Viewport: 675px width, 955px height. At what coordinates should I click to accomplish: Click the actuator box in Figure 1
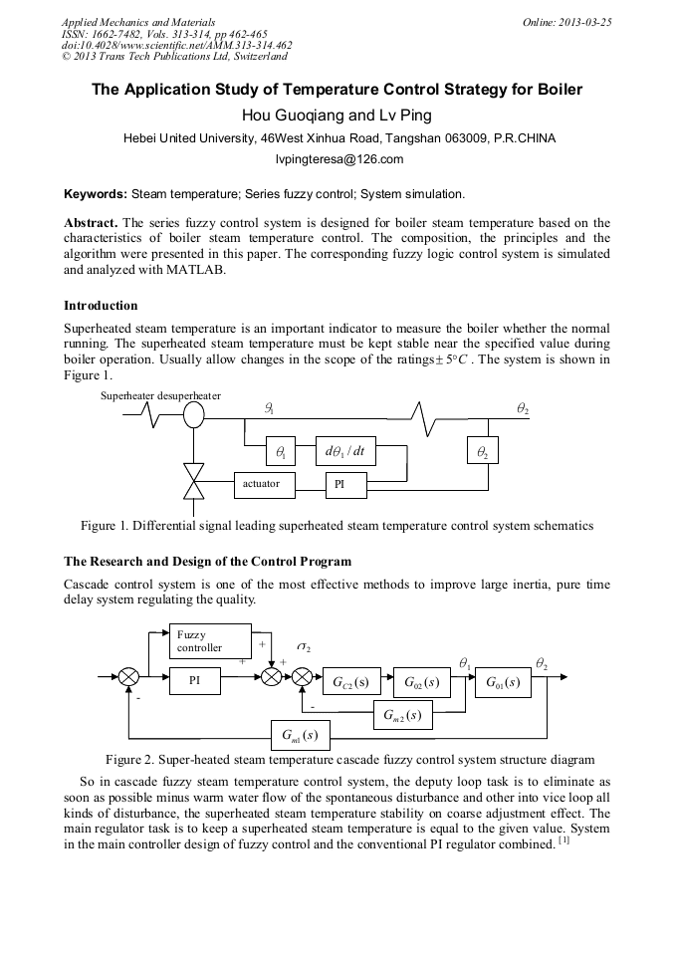[x=262, y=484]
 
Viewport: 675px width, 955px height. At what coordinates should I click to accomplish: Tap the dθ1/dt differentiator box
[x=345, y=451]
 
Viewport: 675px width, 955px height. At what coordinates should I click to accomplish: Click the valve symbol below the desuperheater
[x=194, y=479]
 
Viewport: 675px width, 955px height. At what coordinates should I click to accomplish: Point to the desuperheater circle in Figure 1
[x=194, y=413]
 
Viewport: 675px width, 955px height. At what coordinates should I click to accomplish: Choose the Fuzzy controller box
[x=211, y=640]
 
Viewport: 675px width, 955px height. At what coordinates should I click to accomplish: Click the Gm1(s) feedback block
[x=301, y=737]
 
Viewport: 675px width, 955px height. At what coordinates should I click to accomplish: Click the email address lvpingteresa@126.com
[x=338, y=159]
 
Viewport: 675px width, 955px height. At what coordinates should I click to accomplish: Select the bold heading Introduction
[x=101, y=305]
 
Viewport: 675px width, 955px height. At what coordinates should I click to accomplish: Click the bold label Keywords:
[x=96, y=193]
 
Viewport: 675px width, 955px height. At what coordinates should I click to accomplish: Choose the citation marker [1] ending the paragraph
[x=562, y=843]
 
